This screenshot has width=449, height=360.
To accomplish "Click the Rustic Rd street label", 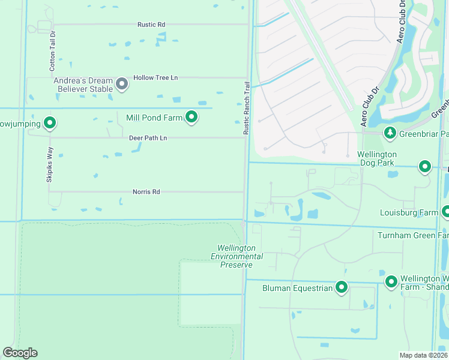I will click(x=151, y=25).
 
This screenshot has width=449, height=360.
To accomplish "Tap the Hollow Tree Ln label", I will click(x=156, y=78).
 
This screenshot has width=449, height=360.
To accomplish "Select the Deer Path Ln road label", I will click(x=148, y=138).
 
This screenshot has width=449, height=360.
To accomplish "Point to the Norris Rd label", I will click(x=146, y=192).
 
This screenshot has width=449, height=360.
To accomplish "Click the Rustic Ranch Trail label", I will click(x=246, y=109).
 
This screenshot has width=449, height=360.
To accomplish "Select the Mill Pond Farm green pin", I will click(x=191, y=118).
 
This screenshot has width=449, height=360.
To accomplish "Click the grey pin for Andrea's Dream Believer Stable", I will click(x=122, y=84).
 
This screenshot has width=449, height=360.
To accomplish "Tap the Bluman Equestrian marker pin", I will click(x=342, y=288).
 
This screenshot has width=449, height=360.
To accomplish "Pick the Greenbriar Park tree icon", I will click(x=390, y=133).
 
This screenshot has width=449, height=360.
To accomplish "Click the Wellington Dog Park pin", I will click(x=425, y=166).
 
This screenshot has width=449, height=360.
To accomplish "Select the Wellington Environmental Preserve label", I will click(x=237, y=256).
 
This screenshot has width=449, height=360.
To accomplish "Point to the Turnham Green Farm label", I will click(x=412, y=235).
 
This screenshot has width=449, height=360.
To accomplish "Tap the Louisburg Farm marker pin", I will click(x=446, y=212).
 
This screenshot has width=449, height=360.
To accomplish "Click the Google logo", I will click(x=20, y=353).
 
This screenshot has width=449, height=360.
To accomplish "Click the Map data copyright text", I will click(x=424, y=355).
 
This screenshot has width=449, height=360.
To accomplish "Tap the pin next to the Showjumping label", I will click(x=50, y=124).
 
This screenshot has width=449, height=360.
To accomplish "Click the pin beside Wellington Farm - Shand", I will click(x=391, y=281).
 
